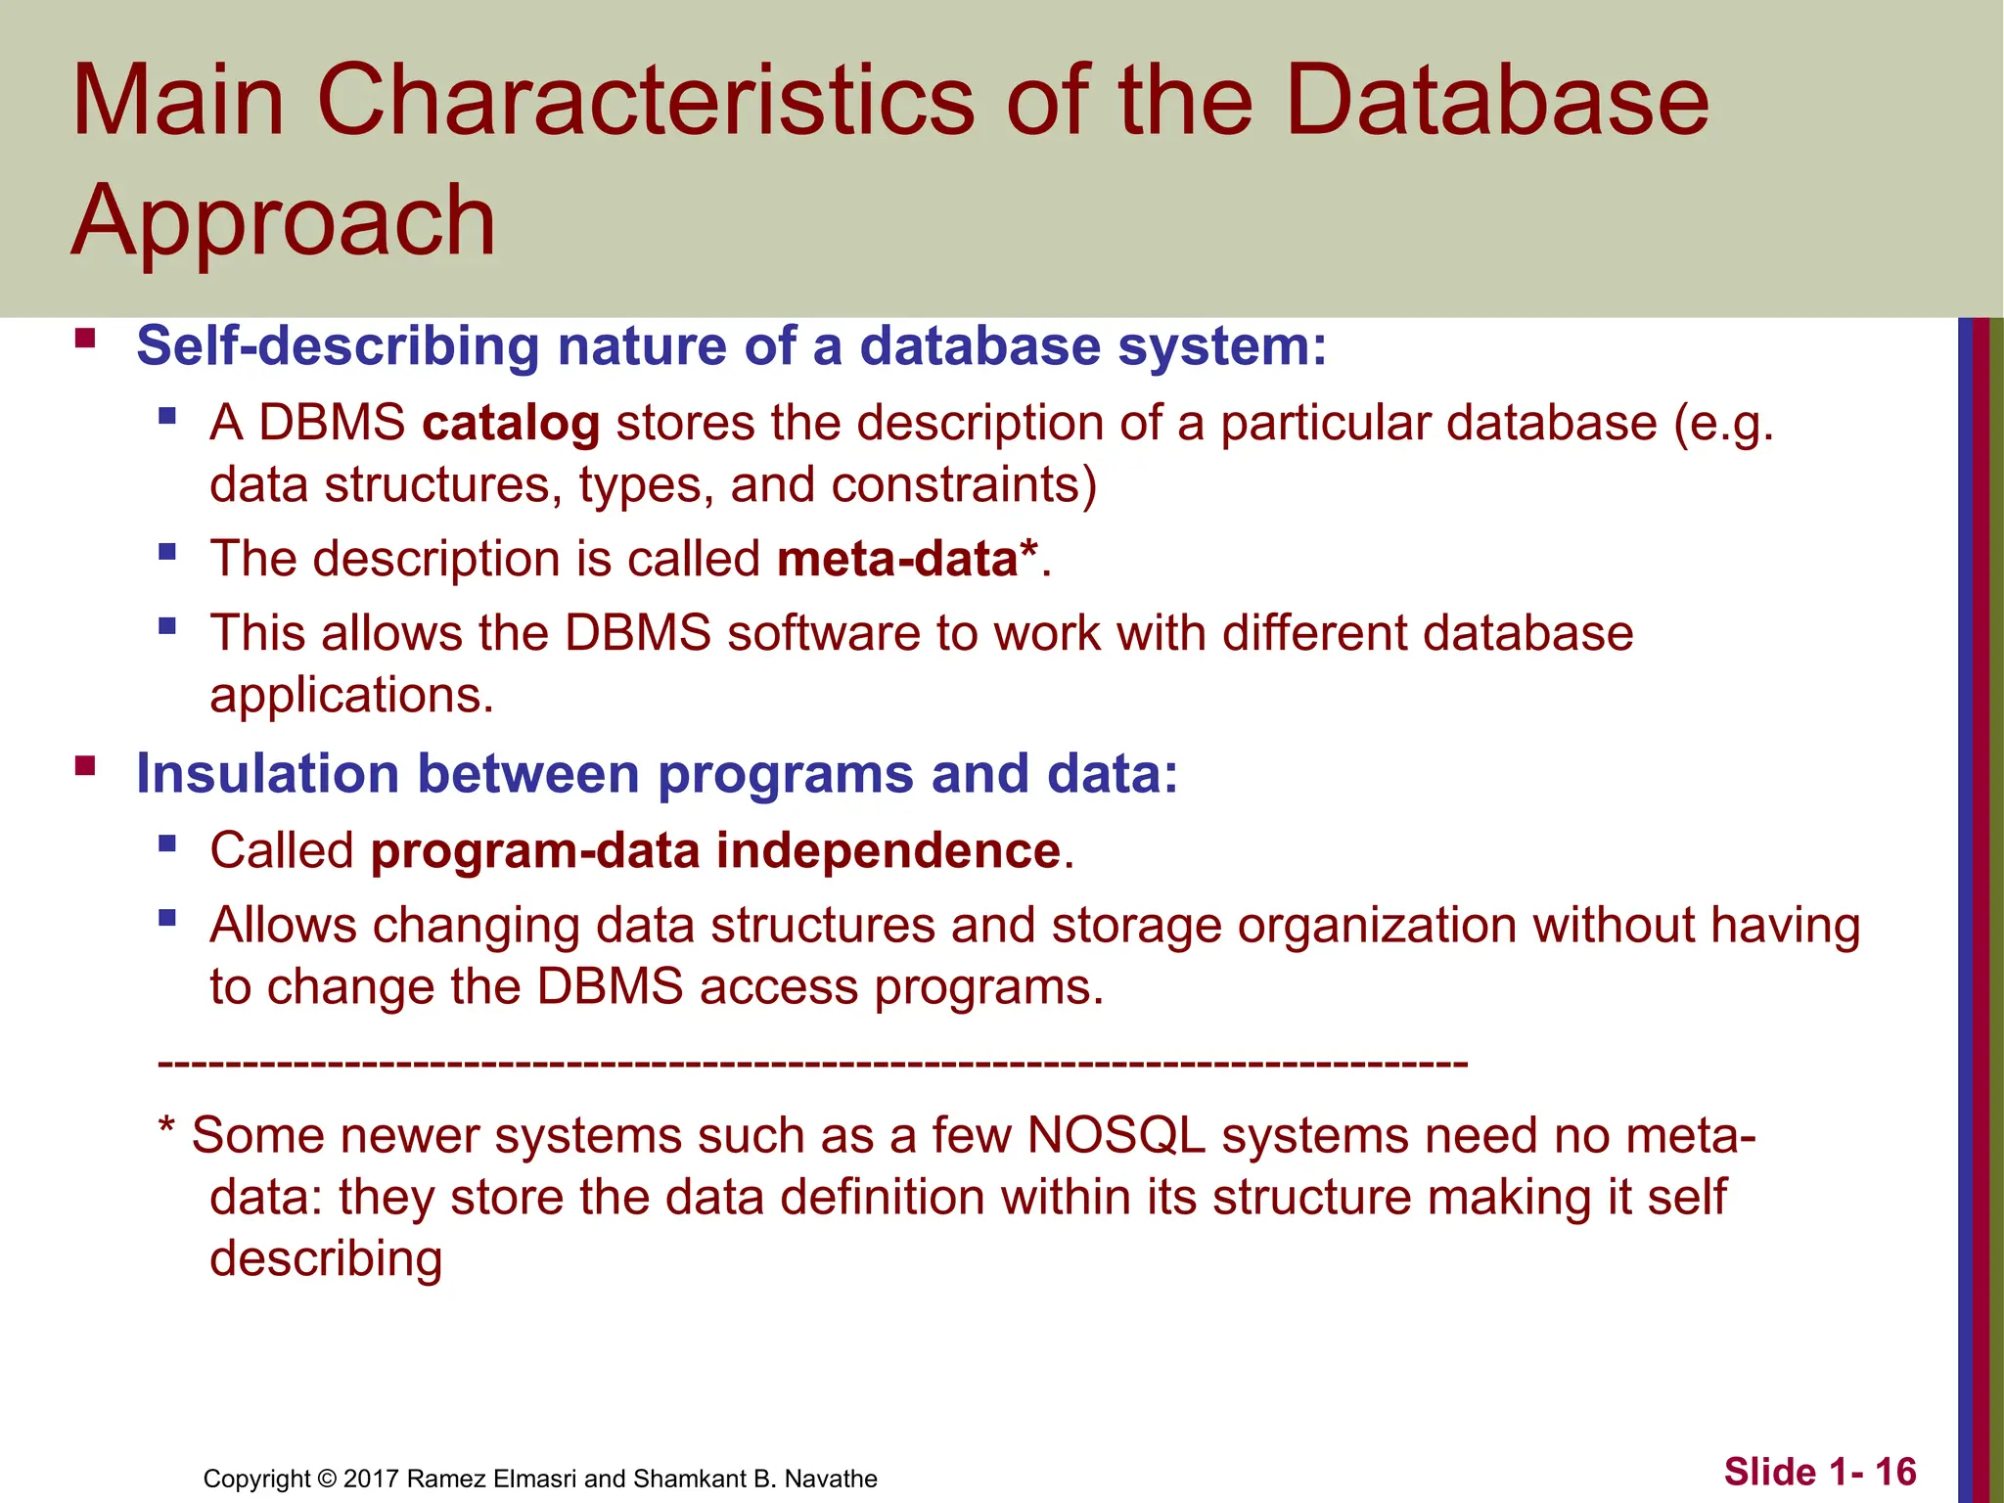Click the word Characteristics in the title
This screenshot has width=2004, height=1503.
646,101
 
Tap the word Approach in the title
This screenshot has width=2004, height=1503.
284,222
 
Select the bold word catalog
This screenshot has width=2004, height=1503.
511,424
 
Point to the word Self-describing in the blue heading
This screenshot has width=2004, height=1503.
338,346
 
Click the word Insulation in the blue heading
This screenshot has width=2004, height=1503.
267,774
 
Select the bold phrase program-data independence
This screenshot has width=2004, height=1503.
715,850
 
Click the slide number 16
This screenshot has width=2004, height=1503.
1895,1472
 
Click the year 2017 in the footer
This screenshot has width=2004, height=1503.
371,1479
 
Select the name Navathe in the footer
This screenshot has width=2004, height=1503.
831,1479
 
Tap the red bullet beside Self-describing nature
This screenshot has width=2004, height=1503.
85,339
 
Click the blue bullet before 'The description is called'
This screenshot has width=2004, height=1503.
167,552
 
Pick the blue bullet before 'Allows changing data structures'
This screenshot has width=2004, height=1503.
167,918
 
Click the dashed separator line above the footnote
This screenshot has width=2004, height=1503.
812,1063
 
